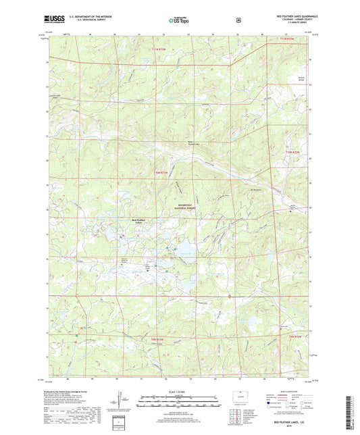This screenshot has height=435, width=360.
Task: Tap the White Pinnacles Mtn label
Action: click(x=176, y=142)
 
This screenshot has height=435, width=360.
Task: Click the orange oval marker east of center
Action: click(x=230, y=295)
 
